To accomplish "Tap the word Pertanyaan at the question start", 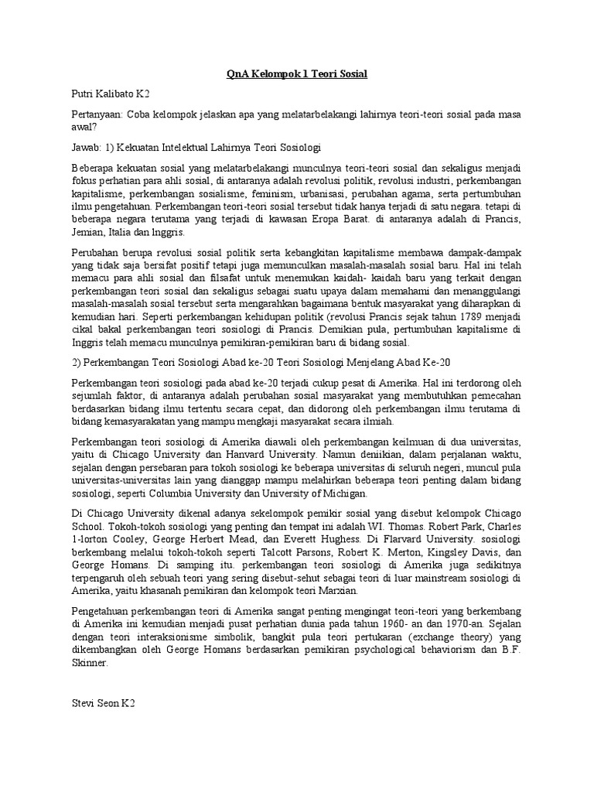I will (x=97, y=114).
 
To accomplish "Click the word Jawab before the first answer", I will (x=86, y=146).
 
